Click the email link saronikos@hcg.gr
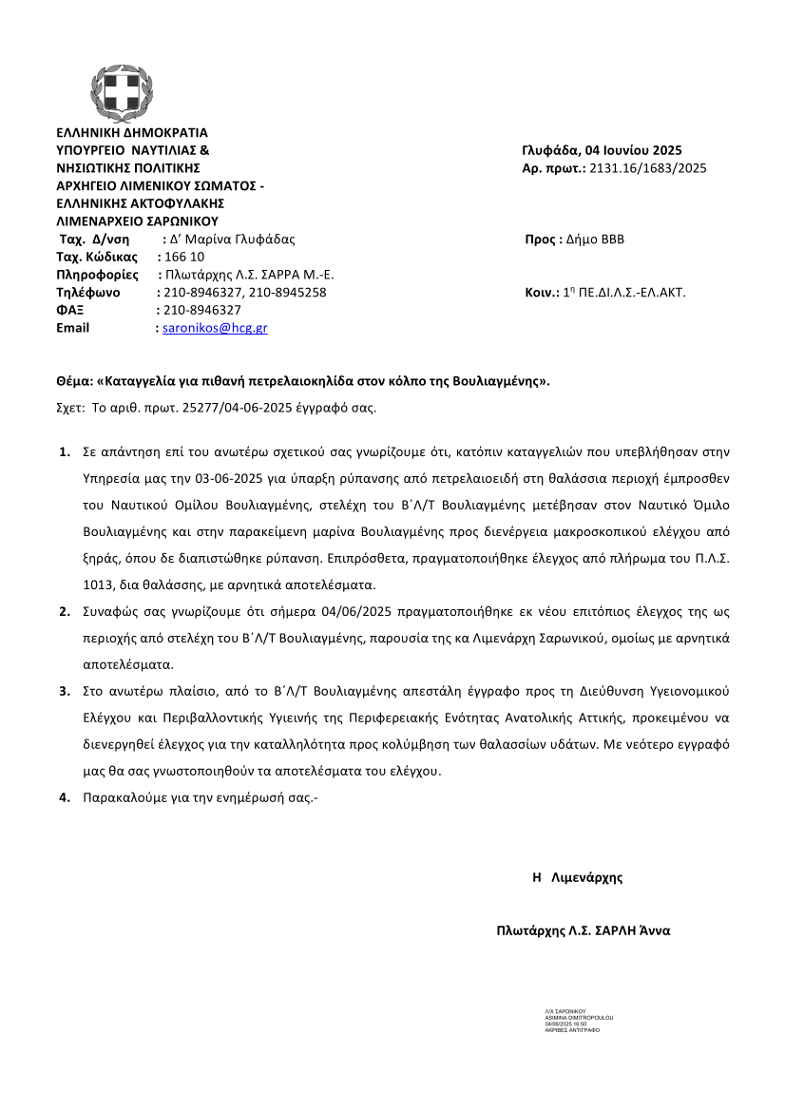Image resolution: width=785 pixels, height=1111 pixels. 215,328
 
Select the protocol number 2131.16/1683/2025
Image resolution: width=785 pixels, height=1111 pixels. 648,168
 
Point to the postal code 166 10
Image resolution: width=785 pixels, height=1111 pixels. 184,257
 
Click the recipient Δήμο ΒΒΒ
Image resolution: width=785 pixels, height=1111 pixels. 595,239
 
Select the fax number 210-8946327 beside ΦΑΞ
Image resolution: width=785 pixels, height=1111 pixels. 202,310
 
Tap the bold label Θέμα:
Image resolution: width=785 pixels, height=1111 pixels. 75,382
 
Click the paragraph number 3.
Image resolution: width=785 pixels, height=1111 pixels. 65,690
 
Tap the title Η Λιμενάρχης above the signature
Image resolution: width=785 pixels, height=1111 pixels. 577,877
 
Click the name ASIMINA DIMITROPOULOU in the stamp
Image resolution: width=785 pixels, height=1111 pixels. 579,1017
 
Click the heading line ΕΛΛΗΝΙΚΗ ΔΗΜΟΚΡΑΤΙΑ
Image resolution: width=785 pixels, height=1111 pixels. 132,133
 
